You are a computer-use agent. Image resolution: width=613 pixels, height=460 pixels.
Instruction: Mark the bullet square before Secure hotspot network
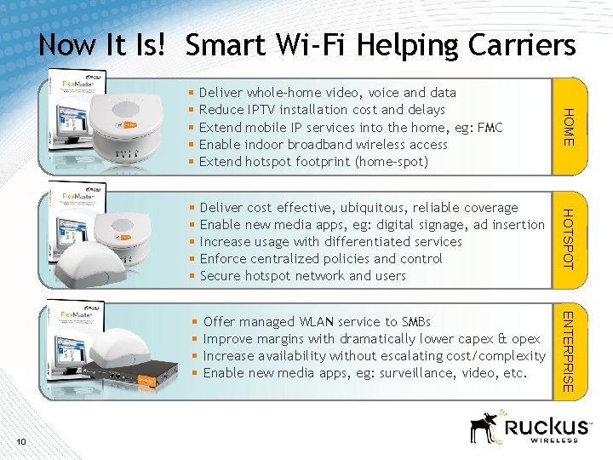click(x=192, y=276)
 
